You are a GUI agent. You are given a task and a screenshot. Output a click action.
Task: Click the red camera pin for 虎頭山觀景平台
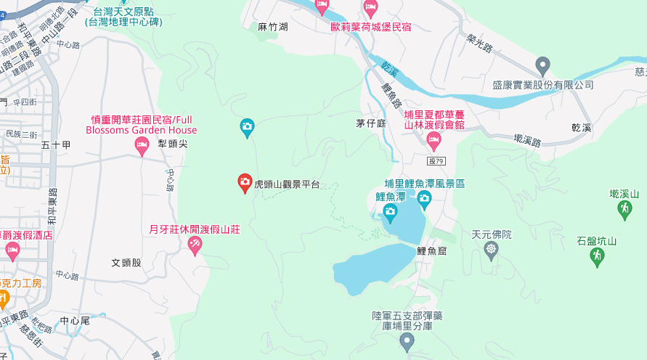click(x=245, y=182)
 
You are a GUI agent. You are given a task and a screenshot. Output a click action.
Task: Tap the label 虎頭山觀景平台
click(x=287, y=185)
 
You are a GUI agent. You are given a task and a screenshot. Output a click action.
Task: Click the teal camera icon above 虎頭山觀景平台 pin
click(x=247, y=128)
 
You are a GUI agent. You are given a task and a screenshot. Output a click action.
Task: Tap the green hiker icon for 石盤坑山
click(x=597, y=256)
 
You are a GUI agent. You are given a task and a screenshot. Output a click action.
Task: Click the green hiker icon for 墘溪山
click(x=624, y=209)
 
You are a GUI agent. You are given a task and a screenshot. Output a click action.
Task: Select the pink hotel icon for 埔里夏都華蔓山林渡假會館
click(x=434, y=140)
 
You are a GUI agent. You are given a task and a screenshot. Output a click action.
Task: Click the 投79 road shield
click(x=436, y=160)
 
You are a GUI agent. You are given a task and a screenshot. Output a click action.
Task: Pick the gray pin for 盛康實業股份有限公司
click(x=542, y=65)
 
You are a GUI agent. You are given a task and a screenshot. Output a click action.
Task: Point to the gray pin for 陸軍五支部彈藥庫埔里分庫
click(x=407, y=340)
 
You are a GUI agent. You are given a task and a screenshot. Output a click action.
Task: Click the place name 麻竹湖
click(x=273, y=27)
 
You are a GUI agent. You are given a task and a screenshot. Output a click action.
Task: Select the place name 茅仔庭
click(x=370, y=123)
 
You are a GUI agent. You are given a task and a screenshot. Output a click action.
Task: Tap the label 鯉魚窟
click(x=431, y=250)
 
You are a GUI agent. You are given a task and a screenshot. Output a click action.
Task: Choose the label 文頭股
click(x=126, y=262)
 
